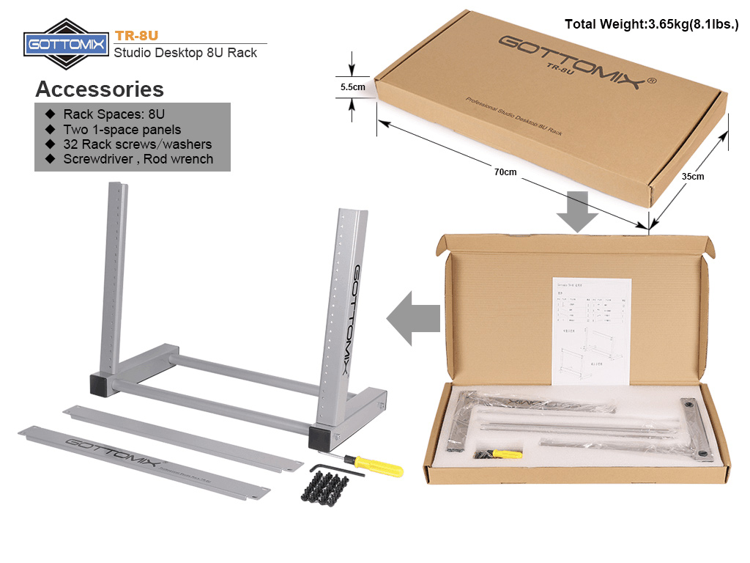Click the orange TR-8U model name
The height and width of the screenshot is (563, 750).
coord(137,35)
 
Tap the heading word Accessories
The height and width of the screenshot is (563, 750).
coord(100,89)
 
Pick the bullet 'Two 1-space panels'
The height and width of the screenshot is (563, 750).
coord(122,129)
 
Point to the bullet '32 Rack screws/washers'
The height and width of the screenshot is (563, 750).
coord(137,144)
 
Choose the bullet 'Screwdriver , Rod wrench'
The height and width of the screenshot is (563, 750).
coord(138,158)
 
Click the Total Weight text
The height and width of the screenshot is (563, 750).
coord(651,24)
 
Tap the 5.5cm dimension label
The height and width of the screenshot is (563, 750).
coord(353,87)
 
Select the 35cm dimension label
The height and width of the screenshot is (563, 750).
coord(692,176)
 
